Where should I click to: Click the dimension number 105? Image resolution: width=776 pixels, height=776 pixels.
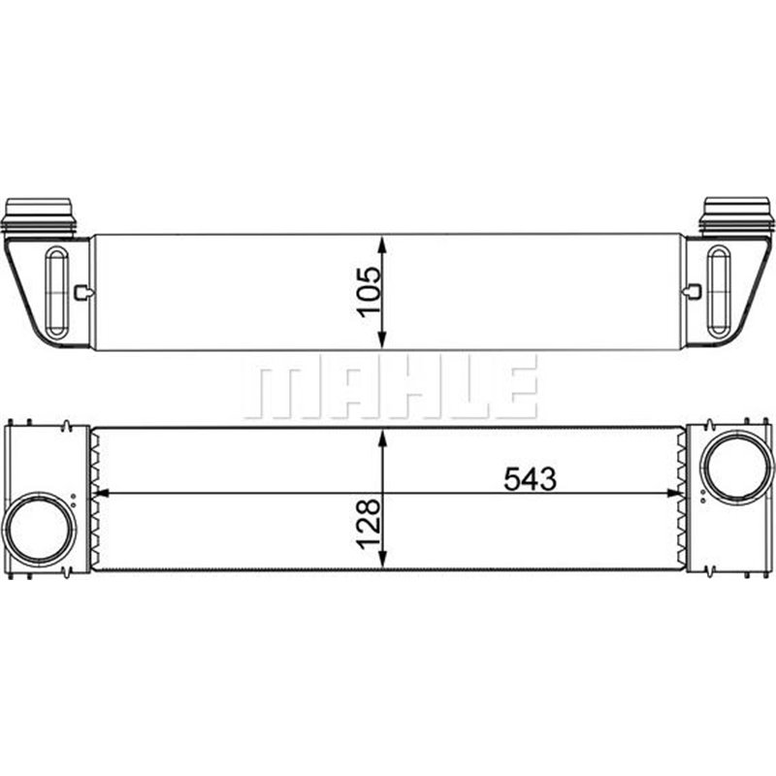[369, 291]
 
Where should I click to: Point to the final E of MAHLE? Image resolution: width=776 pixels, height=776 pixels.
[519, 387]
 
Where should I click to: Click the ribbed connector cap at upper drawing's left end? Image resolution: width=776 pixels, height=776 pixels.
[40, 214]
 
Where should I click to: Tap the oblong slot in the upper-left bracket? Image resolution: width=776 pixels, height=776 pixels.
[57, 291]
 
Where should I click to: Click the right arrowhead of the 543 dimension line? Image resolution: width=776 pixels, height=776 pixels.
[677, 494]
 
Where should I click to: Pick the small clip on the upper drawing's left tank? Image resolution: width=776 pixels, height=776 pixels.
[84, 291]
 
